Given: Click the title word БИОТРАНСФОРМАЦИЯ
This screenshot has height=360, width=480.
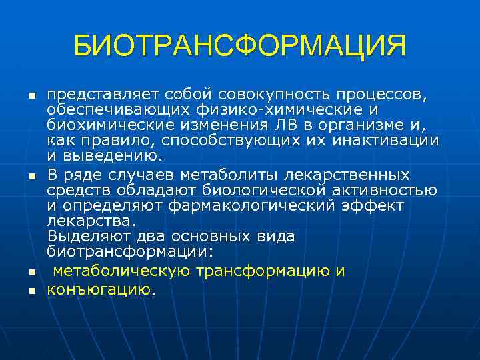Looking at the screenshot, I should click(x=239, y=47).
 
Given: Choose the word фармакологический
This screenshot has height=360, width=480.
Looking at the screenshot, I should click(x=255, y=206).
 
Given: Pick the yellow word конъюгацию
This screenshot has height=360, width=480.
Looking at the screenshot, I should click(x=100, y=289).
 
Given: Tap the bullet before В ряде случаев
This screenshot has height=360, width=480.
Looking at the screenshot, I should click(x=31, y=176).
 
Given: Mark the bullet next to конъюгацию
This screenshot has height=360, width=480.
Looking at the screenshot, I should click(x=31, y=291).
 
